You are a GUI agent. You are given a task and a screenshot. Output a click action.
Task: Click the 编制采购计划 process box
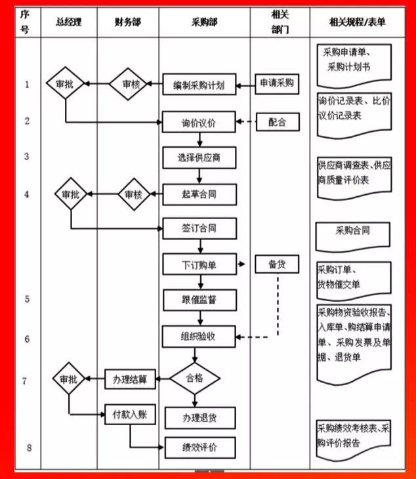[199, 85]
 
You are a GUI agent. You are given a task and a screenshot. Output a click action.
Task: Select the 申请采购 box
[276, 84]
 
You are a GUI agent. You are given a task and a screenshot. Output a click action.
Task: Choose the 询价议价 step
[199, 123]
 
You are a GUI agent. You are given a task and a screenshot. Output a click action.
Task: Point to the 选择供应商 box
[199, 157]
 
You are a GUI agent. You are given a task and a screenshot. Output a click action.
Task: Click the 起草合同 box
[199, 194]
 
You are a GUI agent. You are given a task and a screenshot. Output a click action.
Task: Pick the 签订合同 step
[199, 229]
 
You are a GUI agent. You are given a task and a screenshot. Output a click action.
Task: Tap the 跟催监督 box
[199, 301]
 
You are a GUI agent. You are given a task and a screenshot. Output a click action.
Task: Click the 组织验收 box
[199, 337]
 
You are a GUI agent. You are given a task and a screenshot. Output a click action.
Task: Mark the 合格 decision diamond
[195, 379]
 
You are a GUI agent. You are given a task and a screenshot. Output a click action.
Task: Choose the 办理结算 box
[129, 379]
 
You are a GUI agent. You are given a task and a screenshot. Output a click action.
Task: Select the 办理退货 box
[199, 417]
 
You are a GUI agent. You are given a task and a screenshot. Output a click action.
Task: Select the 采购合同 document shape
[352, 233]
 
